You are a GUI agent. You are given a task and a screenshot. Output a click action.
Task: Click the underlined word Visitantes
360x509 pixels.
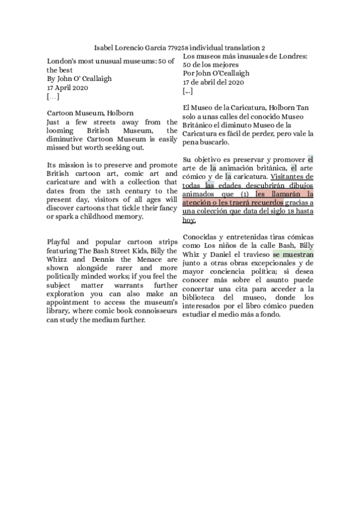[x=292, y=177]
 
